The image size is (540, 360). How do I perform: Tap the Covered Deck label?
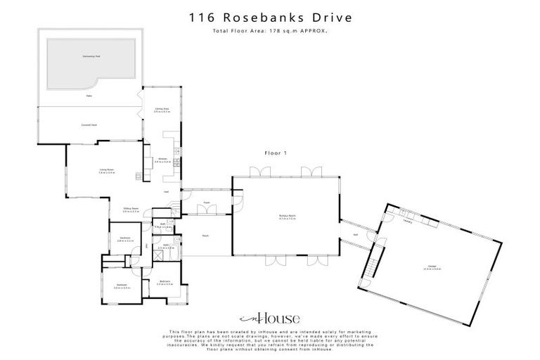(89, 124)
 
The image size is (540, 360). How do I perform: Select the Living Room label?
(106, 169)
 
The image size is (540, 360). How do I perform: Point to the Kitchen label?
(162, 160)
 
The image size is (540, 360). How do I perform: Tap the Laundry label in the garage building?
(408, 219)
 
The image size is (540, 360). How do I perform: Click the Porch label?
(206, 236)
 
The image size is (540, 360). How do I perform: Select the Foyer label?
(207, 203)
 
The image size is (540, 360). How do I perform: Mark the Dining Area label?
(162, 110)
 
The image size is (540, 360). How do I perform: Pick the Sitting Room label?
(131, 210)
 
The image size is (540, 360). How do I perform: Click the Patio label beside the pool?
(89, 95)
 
